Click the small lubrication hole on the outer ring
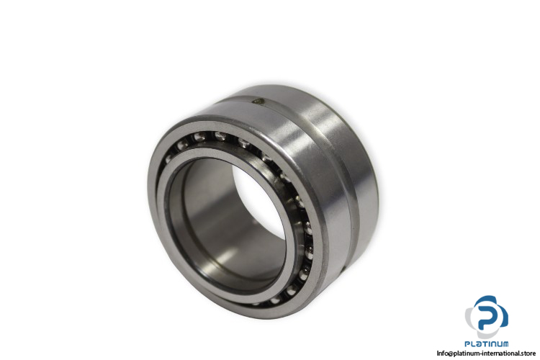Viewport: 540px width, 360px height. tap(258, 101)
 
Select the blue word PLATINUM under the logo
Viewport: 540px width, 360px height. tap(486, 344)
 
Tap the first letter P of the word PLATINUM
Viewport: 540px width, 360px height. tap(467, 344)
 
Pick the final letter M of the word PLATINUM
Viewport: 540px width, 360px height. tap(505, 344)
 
